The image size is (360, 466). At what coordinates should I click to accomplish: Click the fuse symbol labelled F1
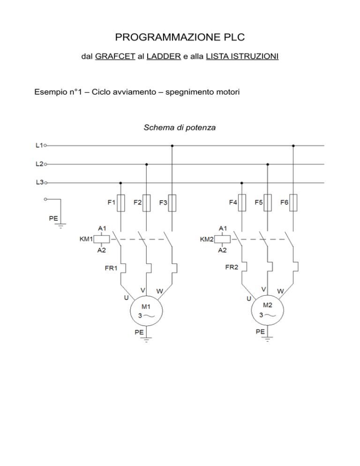(120, 203)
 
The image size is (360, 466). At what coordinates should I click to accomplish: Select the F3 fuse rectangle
(172, 203)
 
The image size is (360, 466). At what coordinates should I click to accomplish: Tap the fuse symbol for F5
(268, 203)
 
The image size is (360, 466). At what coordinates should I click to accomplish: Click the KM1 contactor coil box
(102, 239)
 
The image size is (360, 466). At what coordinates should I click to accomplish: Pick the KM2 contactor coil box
(222, 239)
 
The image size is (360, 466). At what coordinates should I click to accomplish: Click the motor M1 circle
(146, 311)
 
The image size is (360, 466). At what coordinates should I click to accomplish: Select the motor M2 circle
(267, 310)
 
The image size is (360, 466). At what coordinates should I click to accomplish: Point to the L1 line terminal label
(39, 145)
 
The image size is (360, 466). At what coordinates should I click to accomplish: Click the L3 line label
(39, 182)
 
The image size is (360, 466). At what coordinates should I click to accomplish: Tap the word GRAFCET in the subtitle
(115, 56)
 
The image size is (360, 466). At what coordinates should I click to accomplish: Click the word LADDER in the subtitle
(164, 56)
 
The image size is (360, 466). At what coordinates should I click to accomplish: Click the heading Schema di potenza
(180, 128)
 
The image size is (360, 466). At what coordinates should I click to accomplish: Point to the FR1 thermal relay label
(111, 268)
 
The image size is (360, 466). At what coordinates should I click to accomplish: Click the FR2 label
(232, 267)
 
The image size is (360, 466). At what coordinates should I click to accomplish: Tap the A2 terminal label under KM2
(222, 250)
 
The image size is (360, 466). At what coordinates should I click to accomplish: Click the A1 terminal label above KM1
(102, 228)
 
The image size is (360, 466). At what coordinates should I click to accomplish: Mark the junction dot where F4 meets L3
(242, 183)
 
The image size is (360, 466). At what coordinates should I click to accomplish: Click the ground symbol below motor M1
(146, 339)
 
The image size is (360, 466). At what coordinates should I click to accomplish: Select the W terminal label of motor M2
(280, 291)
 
